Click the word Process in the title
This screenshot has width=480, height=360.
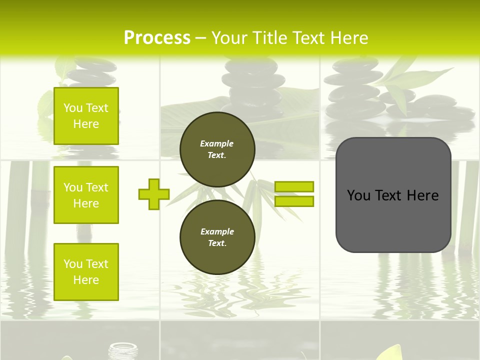[157, 38]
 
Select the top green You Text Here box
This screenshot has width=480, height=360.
[86, 116]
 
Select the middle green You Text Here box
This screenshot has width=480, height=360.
[86, 195]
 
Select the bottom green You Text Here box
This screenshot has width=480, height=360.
[86, 272]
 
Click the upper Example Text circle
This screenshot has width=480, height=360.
[217, 149]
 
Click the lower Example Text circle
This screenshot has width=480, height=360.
[217, 237]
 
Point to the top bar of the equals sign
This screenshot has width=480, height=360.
[294, 186]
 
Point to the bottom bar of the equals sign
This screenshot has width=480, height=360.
[294, 201]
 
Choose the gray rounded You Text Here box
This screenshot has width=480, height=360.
[393, 195]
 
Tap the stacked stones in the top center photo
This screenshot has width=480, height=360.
[253, 82]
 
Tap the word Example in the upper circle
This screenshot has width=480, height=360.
[216, 143]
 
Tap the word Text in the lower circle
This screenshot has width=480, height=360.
[216, 243]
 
